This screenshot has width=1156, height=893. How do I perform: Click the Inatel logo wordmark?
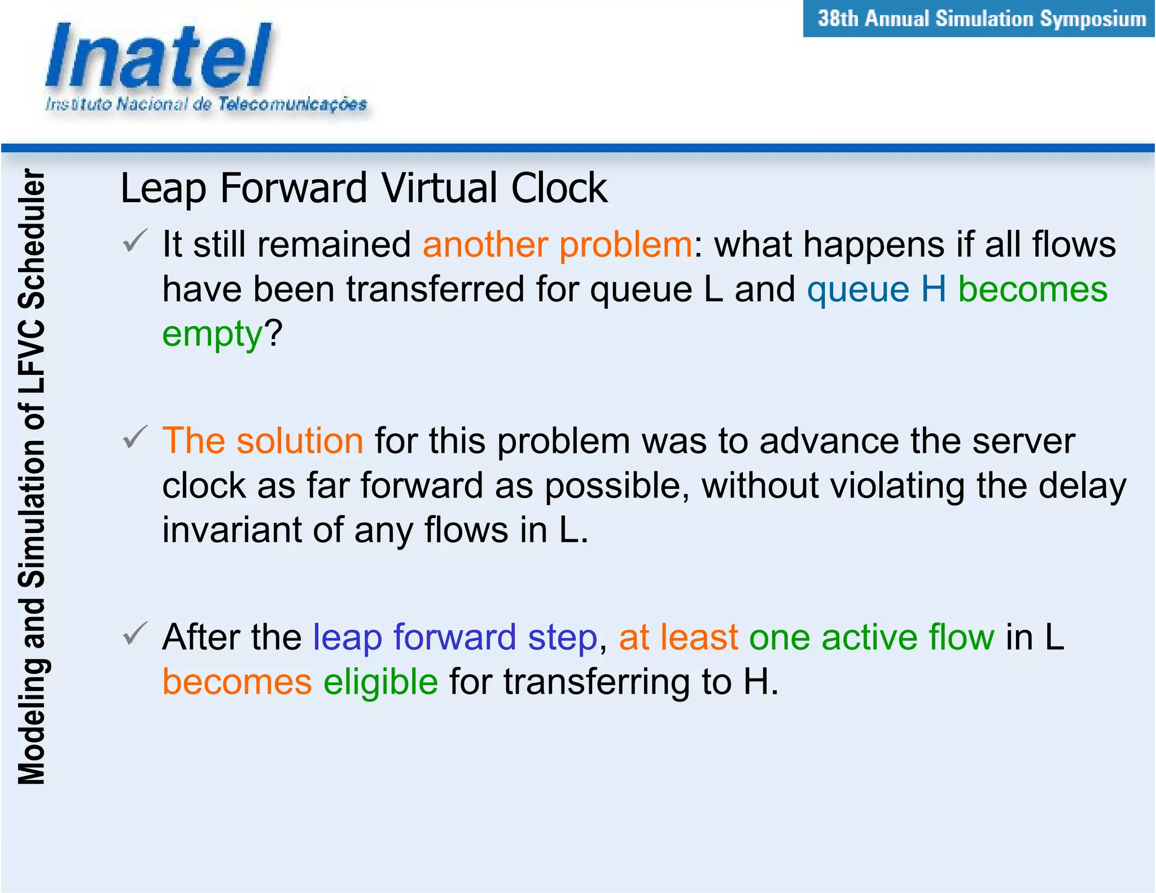(158, 56)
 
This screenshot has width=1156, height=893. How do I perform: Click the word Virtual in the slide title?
(441, 188)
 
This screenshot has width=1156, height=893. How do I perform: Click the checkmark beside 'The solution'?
(135, 437)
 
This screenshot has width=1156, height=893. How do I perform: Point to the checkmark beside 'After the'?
(135, 633)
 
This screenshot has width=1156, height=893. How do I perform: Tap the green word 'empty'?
(212, 334)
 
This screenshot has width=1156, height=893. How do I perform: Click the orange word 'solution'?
(300, 441)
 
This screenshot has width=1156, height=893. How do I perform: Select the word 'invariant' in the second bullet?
(231, 530)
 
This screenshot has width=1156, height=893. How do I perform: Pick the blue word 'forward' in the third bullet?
(454, 637)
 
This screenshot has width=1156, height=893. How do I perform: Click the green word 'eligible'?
(380, 682)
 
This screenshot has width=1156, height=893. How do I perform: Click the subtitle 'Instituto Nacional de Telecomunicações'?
(206, 104)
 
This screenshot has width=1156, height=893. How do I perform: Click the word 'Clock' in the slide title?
(559, 188)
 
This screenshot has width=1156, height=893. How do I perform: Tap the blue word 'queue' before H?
(858, 290)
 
